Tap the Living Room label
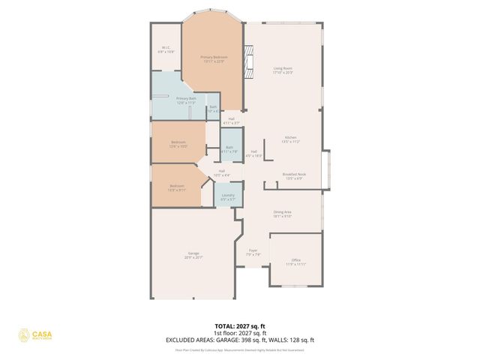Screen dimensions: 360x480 point(283,70)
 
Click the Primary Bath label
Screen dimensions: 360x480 point(185,100)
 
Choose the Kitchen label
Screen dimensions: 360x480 point(290,139)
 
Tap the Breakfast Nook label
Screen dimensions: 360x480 point(293,175)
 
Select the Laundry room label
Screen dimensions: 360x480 point(229,197)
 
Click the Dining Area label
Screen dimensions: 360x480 point(282,214)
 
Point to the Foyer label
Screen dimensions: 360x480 point(253,253)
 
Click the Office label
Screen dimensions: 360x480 point(295,262)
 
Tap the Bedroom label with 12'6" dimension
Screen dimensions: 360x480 point(178,144)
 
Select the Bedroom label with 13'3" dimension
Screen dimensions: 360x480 point(176,187)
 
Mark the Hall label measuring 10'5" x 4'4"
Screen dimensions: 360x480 point(222,172)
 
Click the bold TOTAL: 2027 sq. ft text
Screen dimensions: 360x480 point(240,326)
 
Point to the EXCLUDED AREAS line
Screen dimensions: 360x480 point(240,340)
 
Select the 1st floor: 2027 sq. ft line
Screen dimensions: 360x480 point(240,333)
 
